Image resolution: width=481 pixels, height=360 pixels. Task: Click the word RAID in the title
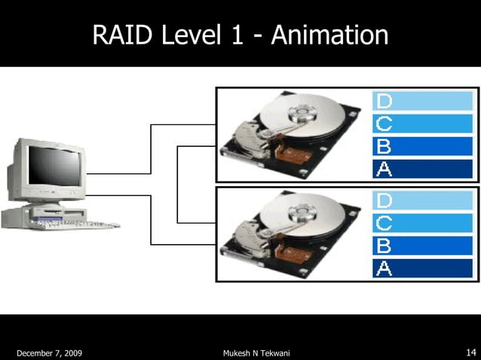(x=123, y=35)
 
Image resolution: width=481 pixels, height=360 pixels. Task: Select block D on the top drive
(x=422, y=101)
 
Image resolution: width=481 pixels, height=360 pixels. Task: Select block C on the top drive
(x=422, y=124)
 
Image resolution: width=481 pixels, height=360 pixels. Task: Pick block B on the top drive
(x=422, y=146)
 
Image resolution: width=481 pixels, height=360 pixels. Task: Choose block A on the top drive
(x=422, y=169)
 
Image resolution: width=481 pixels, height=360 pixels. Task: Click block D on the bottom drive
(x=422, y=200)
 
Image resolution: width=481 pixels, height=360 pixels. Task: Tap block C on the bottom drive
(x=422, y=223)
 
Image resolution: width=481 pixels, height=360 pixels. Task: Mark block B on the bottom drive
(x=422, y=246)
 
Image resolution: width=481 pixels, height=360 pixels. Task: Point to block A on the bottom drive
(x=422, y=268)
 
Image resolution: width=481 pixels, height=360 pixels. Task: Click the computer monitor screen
(x=53, y=167)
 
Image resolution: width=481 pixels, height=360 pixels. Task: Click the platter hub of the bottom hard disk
(x=303, y=214)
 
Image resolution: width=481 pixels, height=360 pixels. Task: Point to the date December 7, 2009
(x=50, y=352)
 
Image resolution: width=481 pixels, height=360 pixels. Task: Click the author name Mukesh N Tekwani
(x=256, y=352)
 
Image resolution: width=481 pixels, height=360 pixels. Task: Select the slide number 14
(x=470, y=352)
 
